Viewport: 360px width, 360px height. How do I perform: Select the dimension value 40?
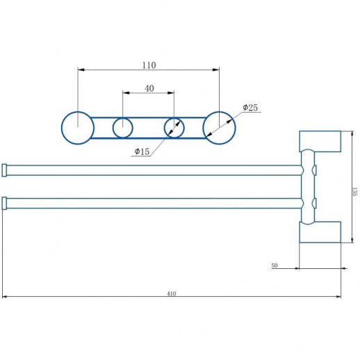click(149, 88)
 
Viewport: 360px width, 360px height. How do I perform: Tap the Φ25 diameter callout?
click(250, 107)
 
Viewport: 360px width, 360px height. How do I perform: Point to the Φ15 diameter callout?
click(141, 152)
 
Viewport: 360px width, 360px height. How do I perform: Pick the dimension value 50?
click(275, 265)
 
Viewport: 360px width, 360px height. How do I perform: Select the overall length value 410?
click(171, 293)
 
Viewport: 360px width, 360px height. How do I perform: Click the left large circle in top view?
click(77, 128)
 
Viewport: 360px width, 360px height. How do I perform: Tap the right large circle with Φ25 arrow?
click(219, 128)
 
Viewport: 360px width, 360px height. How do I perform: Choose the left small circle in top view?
click(123, 128)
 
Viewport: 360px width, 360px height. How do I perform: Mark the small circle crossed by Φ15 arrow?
click(174, 128)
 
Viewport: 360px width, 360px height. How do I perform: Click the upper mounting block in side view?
click(320, 142)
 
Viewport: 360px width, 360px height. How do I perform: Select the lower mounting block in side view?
click(320, 232)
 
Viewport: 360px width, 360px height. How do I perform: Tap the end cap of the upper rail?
click(5, 170)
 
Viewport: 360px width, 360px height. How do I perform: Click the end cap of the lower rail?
click(5, 203)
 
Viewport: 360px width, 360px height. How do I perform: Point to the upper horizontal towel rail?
click(153, 170)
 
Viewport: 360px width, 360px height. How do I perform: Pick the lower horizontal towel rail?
click(153, 203)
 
